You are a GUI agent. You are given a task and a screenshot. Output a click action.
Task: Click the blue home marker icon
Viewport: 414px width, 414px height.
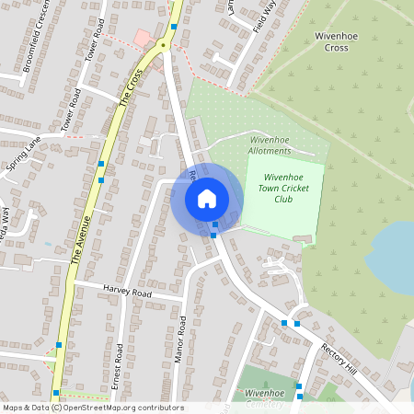[x=206, y=198]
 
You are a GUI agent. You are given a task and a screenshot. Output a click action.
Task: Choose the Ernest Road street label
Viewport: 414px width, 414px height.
[x=118, y=368]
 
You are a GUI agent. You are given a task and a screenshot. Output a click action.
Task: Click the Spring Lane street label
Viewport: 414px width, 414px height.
[x=22, y=155]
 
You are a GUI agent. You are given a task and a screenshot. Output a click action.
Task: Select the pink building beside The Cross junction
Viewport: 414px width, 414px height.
[x=142, y=37]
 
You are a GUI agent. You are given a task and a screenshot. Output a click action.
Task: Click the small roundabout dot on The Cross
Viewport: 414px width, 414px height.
[x=163, y=43]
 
